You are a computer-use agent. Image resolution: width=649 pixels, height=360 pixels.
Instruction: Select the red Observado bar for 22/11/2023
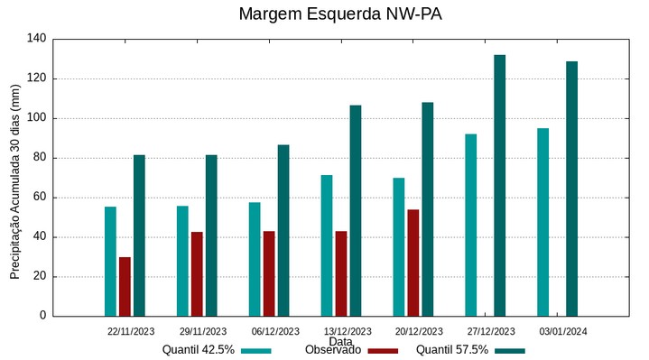coord(125,286)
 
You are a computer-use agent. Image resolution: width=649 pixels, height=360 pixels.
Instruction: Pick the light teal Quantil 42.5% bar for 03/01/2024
coord(542,222)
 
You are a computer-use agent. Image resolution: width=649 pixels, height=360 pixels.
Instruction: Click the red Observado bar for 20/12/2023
coord(413,263)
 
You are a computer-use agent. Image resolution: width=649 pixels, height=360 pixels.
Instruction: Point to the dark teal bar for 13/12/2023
coord(355,210)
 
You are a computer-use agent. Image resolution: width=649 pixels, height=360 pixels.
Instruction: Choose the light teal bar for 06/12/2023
coord(255,259)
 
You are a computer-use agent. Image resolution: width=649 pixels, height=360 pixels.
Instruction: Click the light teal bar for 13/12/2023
coord(327,245)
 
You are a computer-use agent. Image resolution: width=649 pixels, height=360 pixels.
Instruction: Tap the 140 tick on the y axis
coord(36,39)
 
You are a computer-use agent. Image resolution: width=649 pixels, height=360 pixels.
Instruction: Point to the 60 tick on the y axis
coord(40,198)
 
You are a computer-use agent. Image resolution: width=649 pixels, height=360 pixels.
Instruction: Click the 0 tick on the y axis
coord(42,317)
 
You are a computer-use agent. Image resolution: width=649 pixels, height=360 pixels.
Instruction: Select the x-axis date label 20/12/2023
coord(419,331)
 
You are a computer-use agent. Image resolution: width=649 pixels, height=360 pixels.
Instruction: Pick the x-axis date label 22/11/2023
coord(130,331)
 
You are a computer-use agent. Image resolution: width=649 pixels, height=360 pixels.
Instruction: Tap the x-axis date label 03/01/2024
coord(563,331)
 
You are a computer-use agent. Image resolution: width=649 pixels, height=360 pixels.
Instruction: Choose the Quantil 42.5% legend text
coord(198,350)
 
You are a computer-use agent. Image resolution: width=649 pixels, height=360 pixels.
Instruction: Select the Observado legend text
coord(333,350)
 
